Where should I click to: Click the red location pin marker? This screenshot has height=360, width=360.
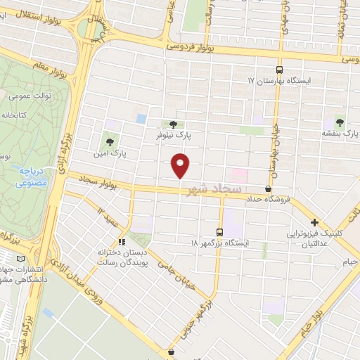(x=181, y=165)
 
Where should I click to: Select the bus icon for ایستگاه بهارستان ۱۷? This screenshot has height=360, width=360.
(x=279, y=70)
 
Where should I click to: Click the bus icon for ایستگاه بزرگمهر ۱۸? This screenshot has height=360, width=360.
(x=219, y=232)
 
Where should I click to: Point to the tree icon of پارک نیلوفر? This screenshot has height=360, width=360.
(x=173, y=124)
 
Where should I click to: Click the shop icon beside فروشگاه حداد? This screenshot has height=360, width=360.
(x=268, y=189)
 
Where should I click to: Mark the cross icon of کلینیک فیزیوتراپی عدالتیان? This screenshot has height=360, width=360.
(x=315, y=222)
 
